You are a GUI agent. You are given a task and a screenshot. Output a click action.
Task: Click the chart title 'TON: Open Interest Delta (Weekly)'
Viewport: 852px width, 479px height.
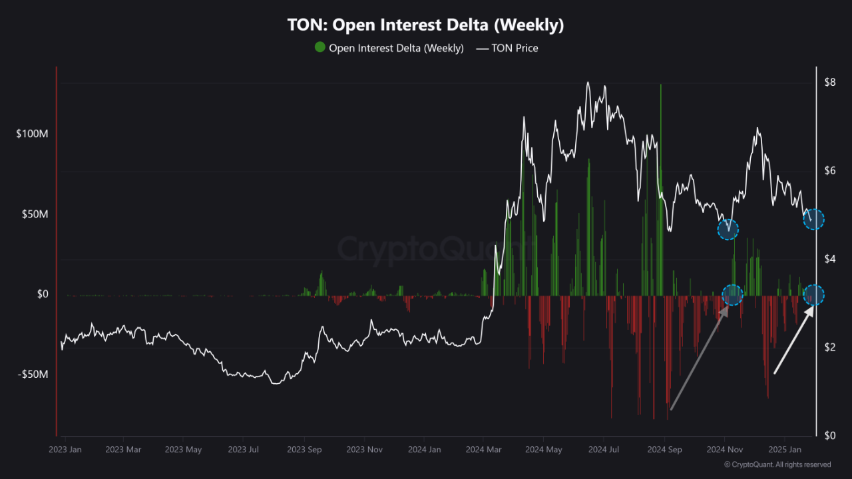coord(425,25)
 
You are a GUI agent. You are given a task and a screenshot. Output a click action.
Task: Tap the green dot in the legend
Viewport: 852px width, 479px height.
coord(320,47)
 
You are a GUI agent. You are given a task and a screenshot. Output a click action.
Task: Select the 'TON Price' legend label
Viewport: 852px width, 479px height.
coord(515,48)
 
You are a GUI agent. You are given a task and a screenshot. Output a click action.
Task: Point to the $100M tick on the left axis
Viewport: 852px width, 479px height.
coord(32,134)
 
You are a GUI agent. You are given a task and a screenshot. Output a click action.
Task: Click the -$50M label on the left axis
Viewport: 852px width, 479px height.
coord(33,374)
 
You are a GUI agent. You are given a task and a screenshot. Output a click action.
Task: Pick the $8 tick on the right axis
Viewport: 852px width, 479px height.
coord(829,82)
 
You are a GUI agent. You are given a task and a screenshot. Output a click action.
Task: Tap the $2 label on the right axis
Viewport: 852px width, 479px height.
coord(829,347)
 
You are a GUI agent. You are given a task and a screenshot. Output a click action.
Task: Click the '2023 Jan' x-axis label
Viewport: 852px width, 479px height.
coord(65,450)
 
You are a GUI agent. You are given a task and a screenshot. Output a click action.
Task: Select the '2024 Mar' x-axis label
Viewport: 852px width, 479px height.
coord(485,450)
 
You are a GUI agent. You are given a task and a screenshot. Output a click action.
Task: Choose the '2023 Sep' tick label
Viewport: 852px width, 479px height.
coord(304,450)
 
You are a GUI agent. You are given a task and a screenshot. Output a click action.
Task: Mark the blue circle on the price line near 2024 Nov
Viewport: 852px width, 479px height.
coord(728,230)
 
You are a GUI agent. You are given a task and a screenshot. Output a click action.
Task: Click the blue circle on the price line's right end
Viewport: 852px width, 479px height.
coord(813,219)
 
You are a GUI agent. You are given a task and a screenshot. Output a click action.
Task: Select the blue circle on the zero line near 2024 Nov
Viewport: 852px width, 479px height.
coord(732,295)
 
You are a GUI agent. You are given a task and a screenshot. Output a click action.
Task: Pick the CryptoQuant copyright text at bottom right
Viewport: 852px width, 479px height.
coord(777,464)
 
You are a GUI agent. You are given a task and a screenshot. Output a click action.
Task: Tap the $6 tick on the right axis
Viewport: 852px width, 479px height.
coord(829,170)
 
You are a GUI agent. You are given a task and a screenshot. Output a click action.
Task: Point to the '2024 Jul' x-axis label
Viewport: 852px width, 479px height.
coord(604,450)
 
